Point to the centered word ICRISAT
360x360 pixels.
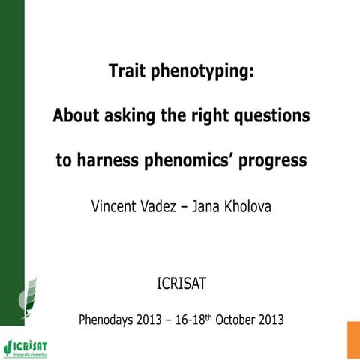181,285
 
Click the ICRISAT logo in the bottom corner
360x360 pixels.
25,347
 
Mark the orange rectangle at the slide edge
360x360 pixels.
353,340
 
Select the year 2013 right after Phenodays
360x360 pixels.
157,319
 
